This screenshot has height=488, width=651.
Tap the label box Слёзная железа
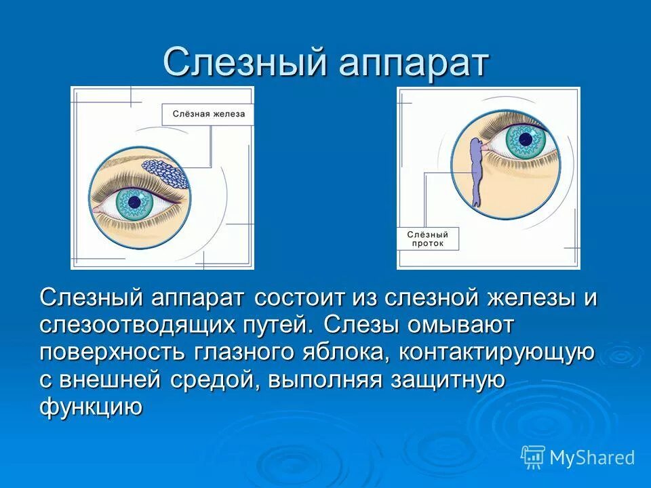pos(208,115)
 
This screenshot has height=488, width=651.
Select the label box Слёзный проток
pos(427,239)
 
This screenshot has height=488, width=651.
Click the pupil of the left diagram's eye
pos(134,201)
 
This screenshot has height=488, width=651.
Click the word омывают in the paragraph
pos(460,325)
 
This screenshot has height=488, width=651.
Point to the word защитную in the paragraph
pos(447,380)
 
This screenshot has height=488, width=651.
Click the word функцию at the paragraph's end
pos(91,408)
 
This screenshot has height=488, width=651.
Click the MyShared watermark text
pos(592,457)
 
